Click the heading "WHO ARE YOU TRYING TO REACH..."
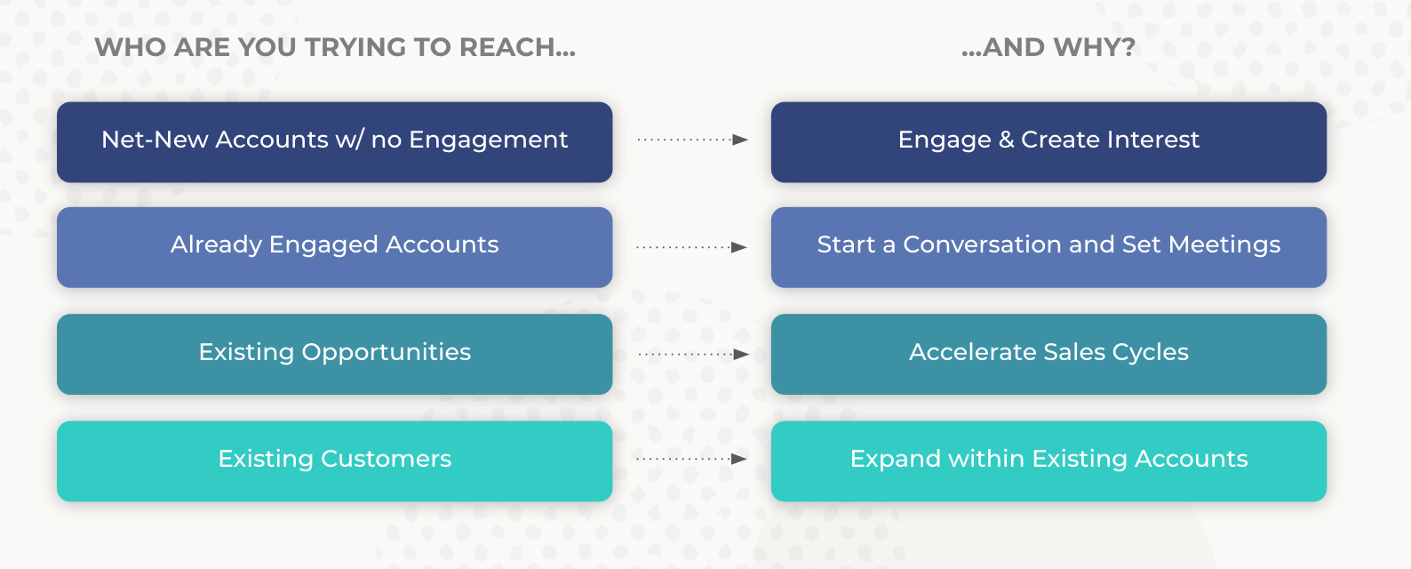point(335,47)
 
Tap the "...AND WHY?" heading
point(1048,47)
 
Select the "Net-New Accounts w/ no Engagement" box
point(334,141)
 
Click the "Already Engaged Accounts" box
point(334,246)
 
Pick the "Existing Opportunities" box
point(334,353)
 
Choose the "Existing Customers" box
point(334,460)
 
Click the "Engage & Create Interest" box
point(1048,141)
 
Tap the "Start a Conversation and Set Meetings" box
point(1048,246)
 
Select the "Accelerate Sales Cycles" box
point(1048,353)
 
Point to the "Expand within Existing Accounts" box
point(1048,460)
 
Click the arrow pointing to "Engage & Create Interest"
point(692,140)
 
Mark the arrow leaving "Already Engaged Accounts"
point(692,247)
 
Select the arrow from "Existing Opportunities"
point(692,354)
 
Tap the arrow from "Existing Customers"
point(692,459)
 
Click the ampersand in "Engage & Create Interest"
point(1006,140)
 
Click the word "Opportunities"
point(387,353)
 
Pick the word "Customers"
point(387,459)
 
